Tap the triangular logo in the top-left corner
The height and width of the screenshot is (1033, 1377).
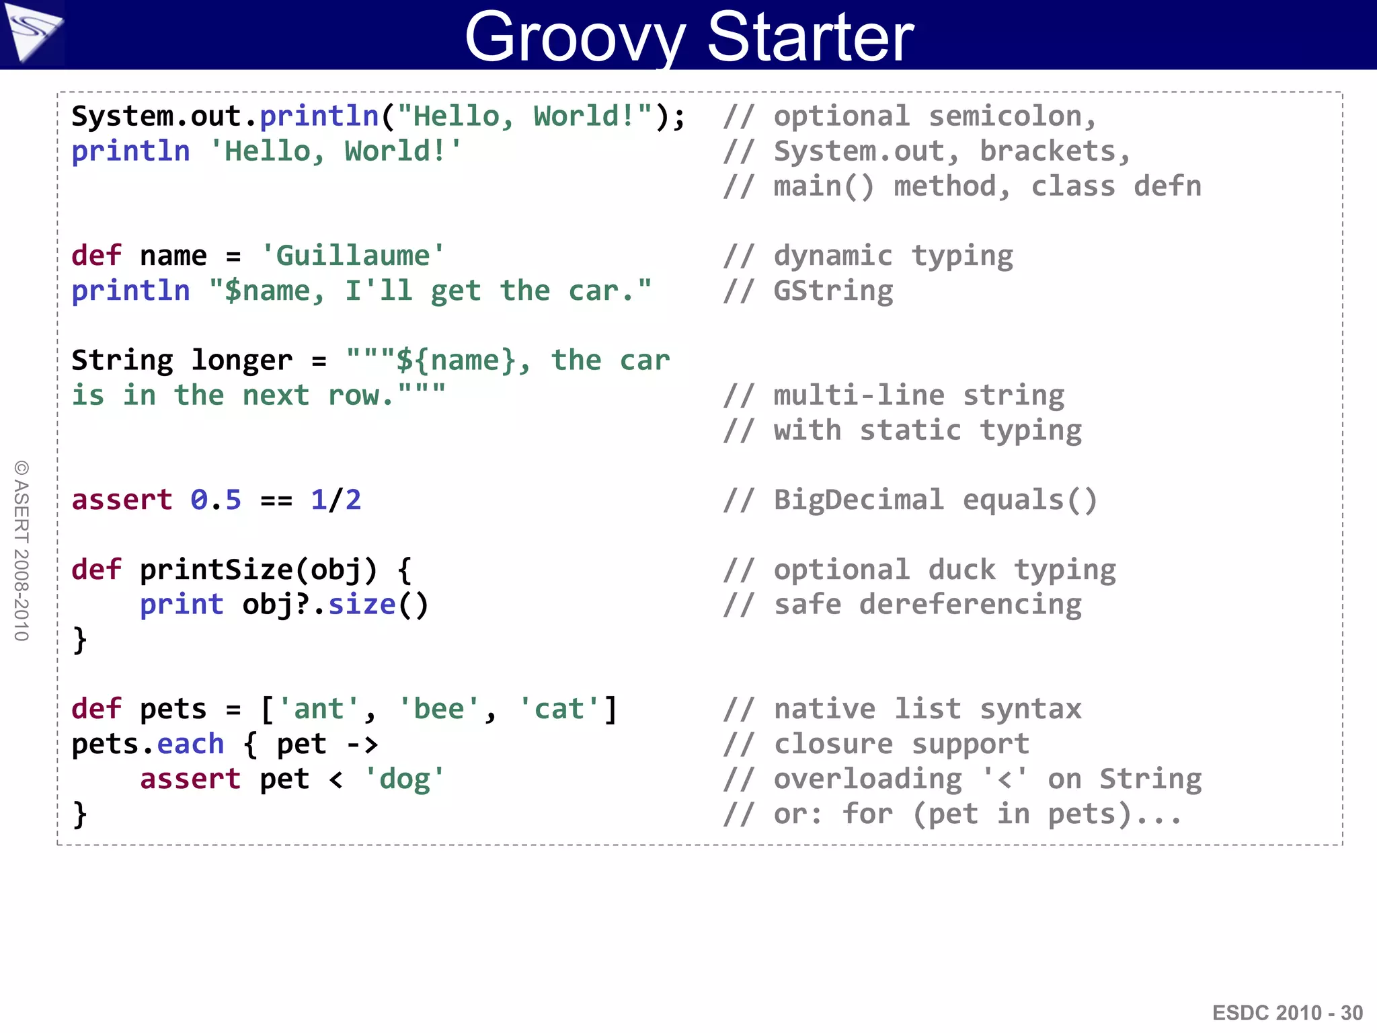point(32,32)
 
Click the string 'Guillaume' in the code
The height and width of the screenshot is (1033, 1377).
point(352,256)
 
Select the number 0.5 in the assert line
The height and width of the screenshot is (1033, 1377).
point(215,500)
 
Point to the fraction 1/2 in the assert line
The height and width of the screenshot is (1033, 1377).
point(336,500)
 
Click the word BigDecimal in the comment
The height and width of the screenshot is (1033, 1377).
point(859,500)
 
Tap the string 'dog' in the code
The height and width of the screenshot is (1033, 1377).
point(403,779)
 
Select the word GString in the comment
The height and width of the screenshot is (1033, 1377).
point(833,291)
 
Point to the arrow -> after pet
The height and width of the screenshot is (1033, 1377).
point(362,744)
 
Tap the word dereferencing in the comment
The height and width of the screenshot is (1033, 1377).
point(970,605)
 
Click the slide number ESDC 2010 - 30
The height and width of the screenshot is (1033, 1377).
point(1287,1013)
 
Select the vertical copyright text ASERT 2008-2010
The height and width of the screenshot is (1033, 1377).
point(22,551)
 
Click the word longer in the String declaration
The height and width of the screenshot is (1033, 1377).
point(242,361)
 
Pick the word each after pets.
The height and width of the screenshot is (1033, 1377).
point(190,744)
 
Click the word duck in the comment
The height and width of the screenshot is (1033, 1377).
point(961,570)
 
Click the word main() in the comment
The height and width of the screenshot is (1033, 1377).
point(824,187)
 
